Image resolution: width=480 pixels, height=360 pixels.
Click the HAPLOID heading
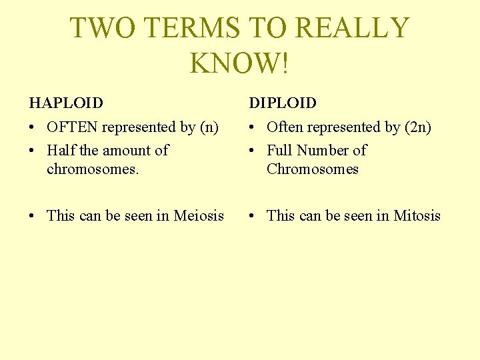pos(66,103)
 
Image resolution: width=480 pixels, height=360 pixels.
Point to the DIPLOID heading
pos(283,103)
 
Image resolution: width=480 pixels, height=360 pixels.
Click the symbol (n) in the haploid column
pos(209,127)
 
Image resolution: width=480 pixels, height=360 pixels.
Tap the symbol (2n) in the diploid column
pos(419,127)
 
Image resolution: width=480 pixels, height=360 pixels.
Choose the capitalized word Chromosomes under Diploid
pos(312,169)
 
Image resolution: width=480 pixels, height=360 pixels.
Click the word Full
pos(279,151)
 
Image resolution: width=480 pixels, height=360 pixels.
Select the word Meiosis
pos(199,215)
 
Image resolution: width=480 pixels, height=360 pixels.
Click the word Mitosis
pos(417,215)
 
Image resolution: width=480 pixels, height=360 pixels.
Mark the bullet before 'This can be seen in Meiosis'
pos(33,216)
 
